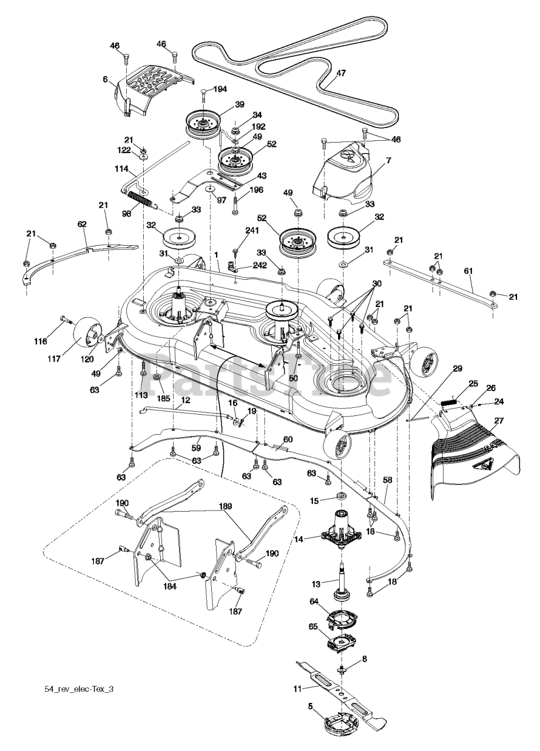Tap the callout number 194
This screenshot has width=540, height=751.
point(219,88)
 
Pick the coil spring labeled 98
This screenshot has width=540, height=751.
point(143,200)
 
